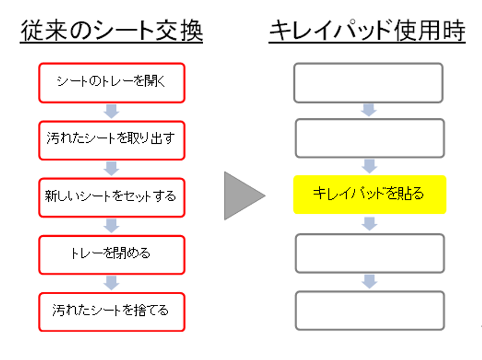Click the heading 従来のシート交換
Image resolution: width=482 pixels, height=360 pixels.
pos(111,31)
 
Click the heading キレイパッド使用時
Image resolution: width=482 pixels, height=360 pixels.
pos(367,31)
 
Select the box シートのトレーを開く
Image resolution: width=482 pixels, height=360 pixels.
pos(111,83)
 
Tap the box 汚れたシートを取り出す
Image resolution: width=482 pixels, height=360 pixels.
pos(111,140)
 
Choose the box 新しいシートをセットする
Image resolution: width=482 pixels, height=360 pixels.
pos(111,198)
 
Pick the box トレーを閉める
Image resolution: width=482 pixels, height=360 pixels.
pos(111,255)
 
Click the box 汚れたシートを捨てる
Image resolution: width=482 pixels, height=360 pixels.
pos(111,312)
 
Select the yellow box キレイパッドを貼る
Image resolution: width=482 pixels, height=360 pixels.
pos(370,194)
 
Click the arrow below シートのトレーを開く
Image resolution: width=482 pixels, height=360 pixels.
pos(111,111)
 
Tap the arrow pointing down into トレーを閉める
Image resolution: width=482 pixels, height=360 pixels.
pos(111,226)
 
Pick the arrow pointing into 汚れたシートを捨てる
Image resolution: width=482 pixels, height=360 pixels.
pos(111,283)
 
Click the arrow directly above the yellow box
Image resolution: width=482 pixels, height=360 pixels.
pos(369,166)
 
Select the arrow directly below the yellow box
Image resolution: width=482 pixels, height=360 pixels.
pos(369,224)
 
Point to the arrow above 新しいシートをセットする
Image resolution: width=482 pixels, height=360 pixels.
pos(111,169)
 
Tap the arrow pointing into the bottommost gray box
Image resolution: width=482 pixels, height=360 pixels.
pos(369,281)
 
